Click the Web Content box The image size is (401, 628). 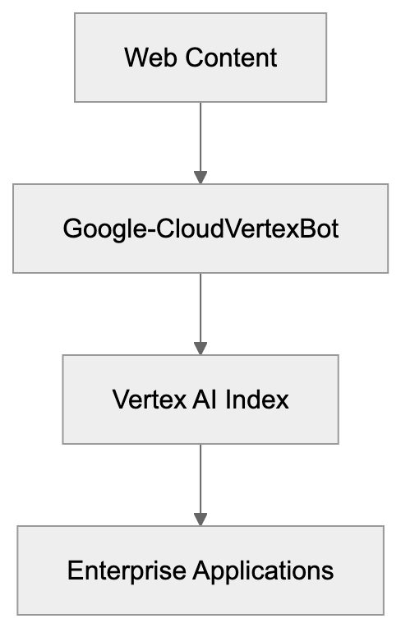point(200,58)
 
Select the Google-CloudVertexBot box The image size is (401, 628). point(200,228)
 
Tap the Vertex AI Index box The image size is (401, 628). point(200,399)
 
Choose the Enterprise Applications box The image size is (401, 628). point(200,570)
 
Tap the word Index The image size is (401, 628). point(259,399)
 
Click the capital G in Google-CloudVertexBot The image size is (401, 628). point(72,229)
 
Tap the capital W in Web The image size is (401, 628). point(134,58)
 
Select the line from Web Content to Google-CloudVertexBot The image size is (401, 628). point(200,136)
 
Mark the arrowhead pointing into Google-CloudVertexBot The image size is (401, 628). point(200,177)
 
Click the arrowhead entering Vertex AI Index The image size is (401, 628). point(200,348)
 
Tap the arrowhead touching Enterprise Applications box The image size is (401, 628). point(200,519)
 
